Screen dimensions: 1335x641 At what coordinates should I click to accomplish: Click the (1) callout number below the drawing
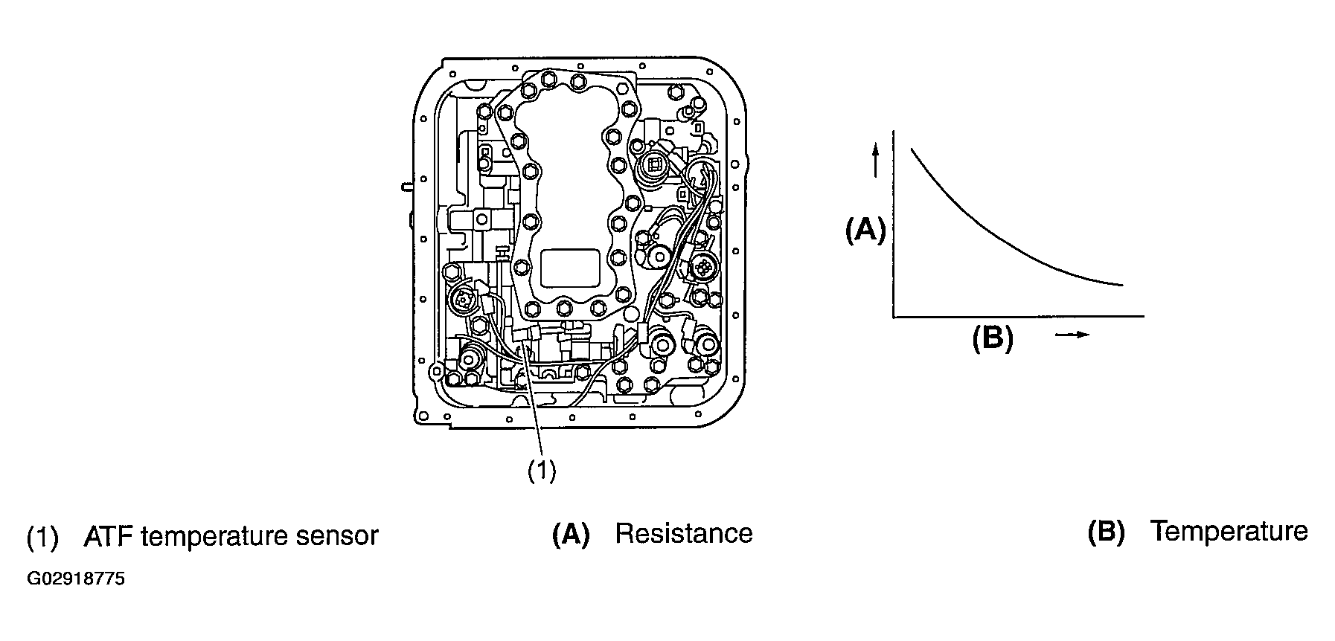(542, 471)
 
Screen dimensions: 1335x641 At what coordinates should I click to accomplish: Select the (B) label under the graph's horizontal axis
(993, 338)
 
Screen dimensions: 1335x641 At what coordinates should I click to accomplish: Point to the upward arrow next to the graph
(876, 160)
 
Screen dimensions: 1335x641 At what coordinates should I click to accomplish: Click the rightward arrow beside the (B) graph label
(1072, 335)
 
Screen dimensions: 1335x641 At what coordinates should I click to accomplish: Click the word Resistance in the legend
(684, 533)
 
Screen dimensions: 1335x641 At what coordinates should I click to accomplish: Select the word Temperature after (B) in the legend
(1229, 531)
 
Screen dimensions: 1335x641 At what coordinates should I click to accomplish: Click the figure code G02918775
(76, 579)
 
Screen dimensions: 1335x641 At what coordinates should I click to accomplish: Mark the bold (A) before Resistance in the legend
(571, 534)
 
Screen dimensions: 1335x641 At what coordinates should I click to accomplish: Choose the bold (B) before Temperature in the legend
(1107, 532)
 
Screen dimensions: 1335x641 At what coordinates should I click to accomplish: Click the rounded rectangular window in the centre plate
(570, 268)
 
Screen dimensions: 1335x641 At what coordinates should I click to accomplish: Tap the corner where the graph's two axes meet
(894, 317)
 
